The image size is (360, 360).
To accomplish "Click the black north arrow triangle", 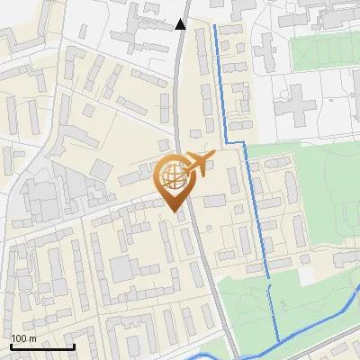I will click(x=181, y=24).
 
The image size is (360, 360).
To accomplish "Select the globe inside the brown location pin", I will click(x=172, y=176).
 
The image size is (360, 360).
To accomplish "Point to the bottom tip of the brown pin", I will click(x=173, y=211).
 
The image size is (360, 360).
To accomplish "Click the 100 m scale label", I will click(x=23, y=338).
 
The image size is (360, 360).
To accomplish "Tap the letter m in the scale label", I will click(x=32, y=338).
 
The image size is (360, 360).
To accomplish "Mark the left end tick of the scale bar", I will click(x=11, y=346).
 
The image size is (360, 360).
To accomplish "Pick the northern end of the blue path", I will click(x=215, y=27).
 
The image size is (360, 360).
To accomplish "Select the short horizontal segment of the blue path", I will click(x=236, y=142).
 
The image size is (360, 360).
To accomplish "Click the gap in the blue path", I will click(x=268, y=281).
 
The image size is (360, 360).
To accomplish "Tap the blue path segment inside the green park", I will click(x=274, y=310).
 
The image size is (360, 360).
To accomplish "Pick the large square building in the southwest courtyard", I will click(x=122, y=267).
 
